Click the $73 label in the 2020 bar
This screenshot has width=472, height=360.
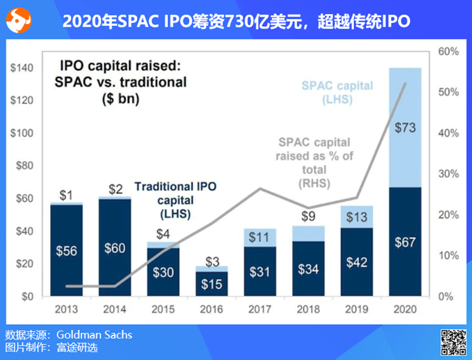point(405,128)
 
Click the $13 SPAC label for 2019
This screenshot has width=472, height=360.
point(358,217)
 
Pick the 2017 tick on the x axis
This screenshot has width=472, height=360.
point(260,309)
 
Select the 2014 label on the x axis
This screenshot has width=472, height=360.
point(114,309)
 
